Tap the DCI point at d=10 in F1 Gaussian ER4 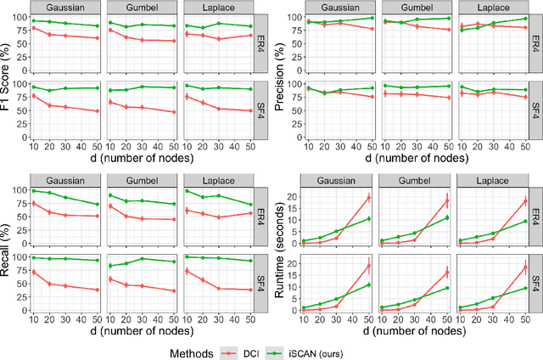coord(33,28)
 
